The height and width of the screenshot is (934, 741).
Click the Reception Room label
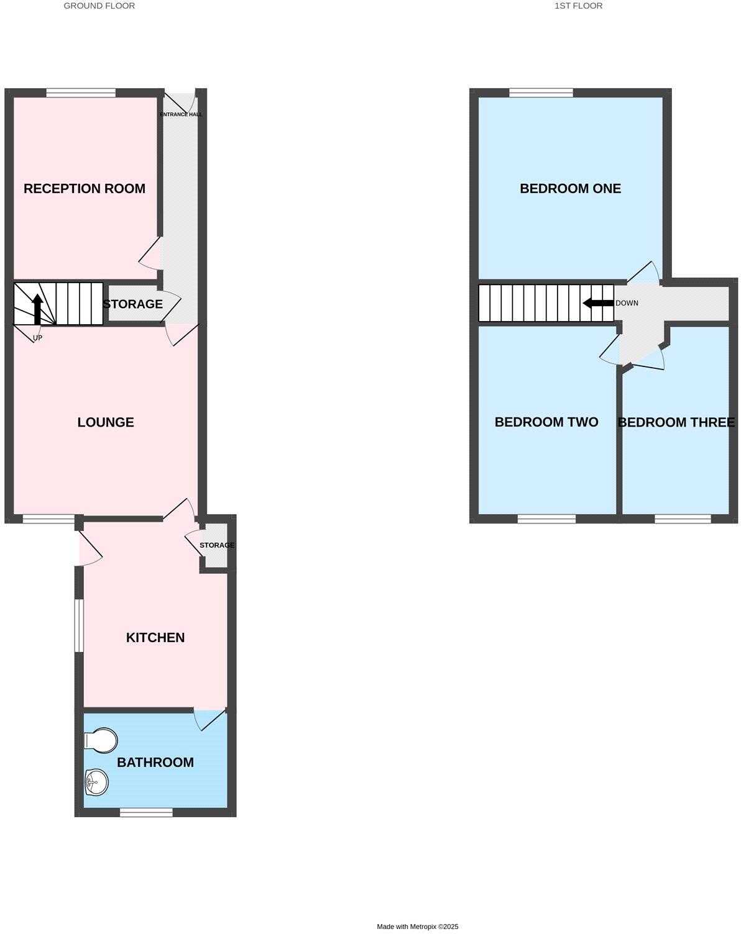click(85, 189)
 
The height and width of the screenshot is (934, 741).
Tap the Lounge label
click(106, 422)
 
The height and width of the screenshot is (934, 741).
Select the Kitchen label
click(155, 638)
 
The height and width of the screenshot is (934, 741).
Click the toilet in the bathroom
click(101, 740)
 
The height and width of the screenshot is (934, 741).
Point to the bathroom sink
click(96, 781)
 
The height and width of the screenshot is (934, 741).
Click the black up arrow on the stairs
click(37, 309)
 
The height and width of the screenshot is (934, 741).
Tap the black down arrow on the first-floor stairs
click(598, 303)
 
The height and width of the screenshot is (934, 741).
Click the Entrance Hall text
click(181, 114)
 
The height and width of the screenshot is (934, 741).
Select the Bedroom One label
click(570, 189)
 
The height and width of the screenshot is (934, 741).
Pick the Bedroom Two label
click(546, 422)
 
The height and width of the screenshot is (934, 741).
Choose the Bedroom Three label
click(676, 422)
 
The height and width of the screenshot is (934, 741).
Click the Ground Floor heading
click(99, 6)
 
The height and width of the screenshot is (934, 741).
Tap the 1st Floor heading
click(578, 6)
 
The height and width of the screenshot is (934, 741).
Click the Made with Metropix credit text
click(418, 927)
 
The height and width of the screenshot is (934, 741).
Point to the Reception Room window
click(81, 93)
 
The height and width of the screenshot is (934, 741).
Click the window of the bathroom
click(146, 812)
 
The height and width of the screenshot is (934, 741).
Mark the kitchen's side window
click(79, 625)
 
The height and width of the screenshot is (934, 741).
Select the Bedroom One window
click(541, 93)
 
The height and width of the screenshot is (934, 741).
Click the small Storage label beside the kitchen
click(217, 545)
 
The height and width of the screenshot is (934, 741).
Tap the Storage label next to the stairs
click(132, 304)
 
